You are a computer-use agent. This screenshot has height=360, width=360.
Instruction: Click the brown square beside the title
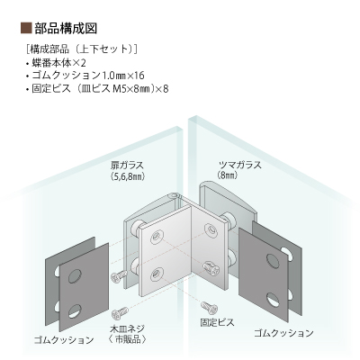(26, 28)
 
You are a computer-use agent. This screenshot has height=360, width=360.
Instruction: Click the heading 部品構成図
(66, 28)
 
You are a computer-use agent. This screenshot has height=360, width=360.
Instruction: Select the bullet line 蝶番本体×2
(56, 63)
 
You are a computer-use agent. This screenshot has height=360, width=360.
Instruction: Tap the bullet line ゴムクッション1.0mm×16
(85, 76)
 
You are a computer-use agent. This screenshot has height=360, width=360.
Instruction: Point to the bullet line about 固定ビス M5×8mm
(97, 89)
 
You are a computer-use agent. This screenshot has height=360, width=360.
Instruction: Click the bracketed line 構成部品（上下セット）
(82, 49)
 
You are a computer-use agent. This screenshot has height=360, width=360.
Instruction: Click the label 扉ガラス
(127, 165)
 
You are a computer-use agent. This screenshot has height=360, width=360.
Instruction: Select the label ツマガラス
(239, 165)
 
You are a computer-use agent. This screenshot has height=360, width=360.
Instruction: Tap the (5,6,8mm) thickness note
(128, 176)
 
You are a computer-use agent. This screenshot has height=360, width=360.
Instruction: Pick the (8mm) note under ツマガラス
(228, 175)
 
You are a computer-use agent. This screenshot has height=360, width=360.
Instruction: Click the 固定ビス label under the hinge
(217, 322)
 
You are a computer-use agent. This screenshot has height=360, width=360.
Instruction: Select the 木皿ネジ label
(128, 328)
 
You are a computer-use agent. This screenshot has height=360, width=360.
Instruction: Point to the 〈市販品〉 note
(127, 339)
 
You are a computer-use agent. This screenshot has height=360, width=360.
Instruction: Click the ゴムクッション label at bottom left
(64, 340)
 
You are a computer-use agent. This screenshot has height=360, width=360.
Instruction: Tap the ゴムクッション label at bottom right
(283, 333)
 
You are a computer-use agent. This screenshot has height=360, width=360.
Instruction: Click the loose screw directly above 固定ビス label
(210, 307)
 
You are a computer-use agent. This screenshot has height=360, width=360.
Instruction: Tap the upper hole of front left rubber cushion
(75, 276)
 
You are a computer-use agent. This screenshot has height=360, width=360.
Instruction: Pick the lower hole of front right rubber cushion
(273, 300)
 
